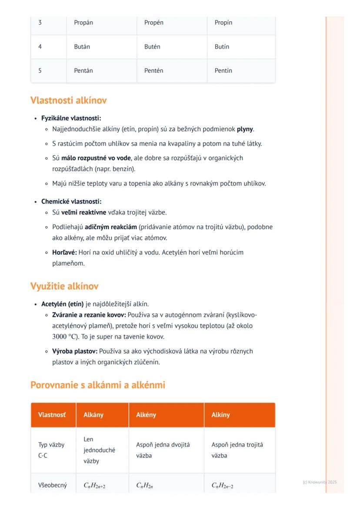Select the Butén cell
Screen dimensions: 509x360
pos(152,47)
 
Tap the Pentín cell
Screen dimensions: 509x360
pos(223,70)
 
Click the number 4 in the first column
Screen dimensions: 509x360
pos(40,47)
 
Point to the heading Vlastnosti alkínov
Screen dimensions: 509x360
pos(69,100)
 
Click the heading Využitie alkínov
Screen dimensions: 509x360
pos(64,286)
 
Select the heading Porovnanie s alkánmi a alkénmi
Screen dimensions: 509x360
pos(98,385)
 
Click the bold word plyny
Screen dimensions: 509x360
pos(245,129)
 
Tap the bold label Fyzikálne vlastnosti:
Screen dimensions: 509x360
pos(71,118)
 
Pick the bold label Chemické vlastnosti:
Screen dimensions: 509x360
pos(71,202)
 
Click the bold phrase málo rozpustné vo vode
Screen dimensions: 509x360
pos(96,158)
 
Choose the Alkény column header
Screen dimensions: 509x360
pos(146,415)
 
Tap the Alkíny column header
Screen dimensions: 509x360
pos(221,415)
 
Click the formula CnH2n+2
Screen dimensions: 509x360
pos(95,486)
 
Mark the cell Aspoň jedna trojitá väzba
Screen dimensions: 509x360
pos(237,450)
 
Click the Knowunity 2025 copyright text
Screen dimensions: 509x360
pos(320,482)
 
